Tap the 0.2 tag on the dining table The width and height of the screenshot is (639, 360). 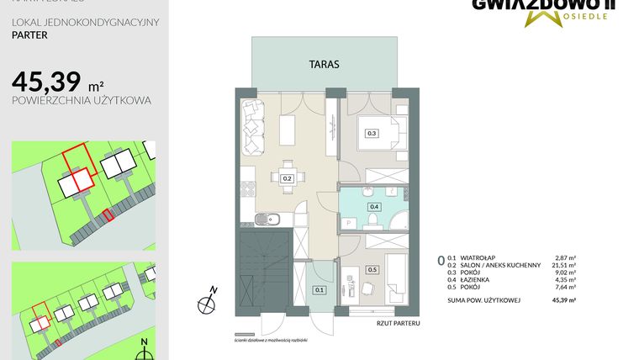(x=287, y=178)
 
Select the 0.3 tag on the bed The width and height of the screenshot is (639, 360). (x=372, y=133)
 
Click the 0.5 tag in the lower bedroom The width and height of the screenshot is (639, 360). (x=372, y=270)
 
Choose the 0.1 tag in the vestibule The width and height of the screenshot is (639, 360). (x=319, y=290)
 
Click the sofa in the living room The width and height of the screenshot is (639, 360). (x=253, y=127)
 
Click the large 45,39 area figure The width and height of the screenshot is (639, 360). (x=46, y=82)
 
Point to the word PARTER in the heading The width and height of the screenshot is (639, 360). (x=30, y=36)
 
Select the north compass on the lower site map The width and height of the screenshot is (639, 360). (x=145, y=345)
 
